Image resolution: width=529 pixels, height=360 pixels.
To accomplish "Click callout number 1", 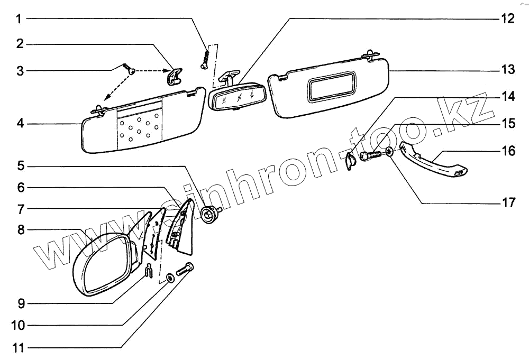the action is [x=19, y=20].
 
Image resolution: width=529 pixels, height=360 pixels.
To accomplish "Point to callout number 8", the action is [x=20, y=230].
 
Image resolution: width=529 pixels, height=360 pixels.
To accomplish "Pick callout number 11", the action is [x=19, y=348].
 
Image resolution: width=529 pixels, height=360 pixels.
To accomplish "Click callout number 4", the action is [x=20, y=124].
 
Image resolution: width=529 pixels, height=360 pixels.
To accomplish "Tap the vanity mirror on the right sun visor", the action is [x=331, y=85].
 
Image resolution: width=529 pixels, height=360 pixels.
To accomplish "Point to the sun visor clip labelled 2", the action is [x=172, y=76].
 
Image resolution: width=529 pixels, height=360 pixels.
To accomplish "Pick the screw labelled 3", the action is [x=128, y=68].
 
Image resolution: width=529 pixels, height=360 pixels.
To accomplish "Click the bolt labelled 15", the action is [x=370, y=156].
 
